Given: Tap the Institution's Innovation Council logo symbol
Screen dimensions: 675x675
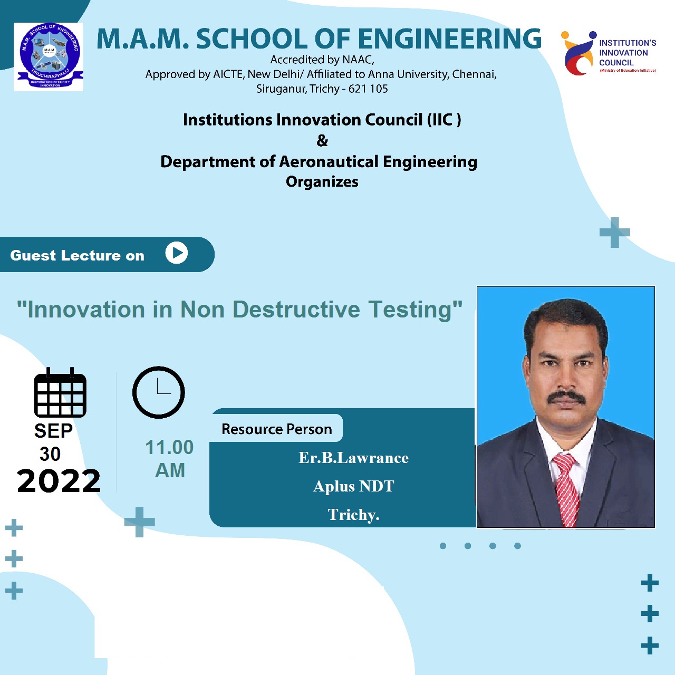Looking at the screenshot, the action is click(578, 53).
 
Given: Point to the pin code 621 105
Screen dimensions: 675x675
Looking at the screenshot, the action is click(368, 89).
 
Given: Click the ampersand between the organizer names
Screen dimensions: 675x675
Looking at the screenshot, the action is click(322, 141).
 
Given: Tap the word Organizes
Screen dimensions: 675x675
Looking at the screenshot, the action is click(322, 182).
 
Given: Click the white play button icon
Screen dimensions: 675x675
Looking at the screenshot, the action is click(177, 253).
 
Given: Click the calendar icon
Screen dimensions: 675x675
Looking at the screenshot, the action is click(60, 392).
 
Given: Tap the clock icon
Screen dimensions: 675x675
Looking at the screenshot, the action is click(158, 392).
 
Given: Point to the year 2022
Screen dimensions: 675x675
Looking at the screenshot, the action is click(59, 481).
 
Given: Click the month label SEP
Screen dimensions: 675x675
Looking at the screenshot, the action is click(53, 431).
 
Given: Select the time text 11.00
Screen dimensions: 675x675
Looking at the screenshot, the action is click(169, 447).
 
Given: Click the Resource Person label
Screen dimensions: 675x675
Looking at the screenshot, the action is click(277, 429).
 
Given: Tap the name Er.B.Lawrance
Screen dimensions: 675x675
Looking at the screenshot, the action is click(353, 458).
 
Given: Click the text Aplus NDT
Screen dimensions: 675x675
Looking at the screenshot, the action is click(353, 486).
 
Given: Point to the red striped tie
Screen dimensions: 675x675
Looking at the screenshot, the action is click(566, 490).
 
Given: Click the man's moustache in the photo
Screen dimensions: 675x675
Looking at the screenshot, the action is click(566, 398).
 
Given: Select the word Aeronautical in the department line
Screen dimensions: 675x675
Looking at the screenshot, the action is click(329, 162).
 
